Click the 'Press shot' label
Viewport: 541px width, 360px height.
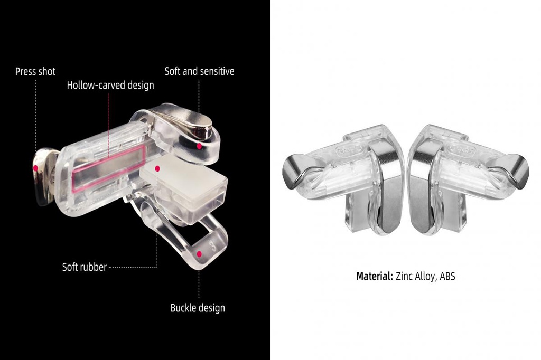tap(35, 72)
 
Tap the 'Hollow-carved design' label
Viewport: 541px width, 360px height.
tap(110, 85)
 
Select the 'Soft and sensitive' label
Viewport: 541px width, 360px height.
tap(199, 71)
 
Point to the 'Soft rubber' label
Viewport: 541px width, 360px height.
tap(84, 267)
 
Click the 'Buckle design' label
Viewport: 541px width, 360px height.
tap(198, 308)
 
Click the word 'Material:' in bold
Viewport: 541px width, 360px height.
tap(375, 276)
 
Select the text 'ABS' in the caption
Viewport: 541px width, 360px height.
tap(447, 276)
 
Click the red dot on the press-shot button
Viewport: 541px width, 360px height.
tap(35, 168)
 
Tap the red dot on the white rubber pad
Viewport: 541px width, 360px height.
tap(157, 168)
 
